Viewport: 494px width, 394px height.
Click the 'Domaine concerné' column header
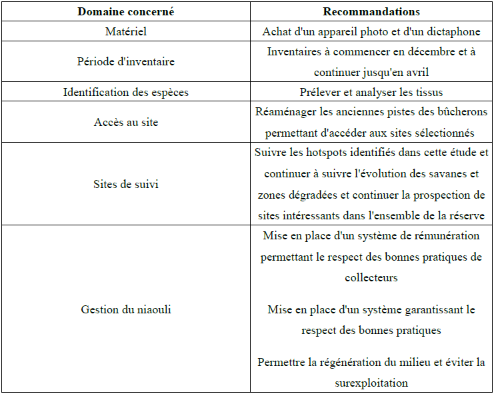tap(125, 11)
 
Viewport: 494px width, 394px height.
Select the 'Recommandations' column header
tap(371, 11)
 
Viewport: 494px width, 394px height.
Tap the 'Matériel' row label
tap(125, 31)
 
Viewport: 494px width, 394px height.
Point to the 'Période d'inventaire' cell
tap(125, 61)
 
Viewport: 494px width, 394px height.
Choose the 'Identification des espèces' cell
tap(125, 92)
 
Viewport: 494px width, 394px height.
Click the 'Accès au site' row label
tap(125, 122)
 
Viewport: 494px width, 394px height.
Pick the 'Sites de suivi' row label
tap(125, 184)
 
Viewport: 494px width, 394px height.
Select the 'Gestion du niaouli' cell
tap(125, 309)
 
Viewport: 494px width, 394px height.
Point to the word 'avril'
tap(415, 71)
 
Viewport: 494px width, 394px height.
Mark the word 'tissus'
tap(427, 92)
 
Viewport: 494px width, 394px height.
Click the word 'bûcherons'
tap(461, 112)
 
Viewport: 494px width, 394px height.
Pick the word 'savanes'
tap(459, 174)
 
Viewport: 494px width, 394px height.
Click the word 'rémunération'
tap(447, 236)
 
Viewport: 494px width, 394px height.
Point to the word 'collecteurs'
tap(371, 277)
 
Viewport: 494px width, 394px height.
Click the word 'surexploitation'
tap(371, 383)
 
